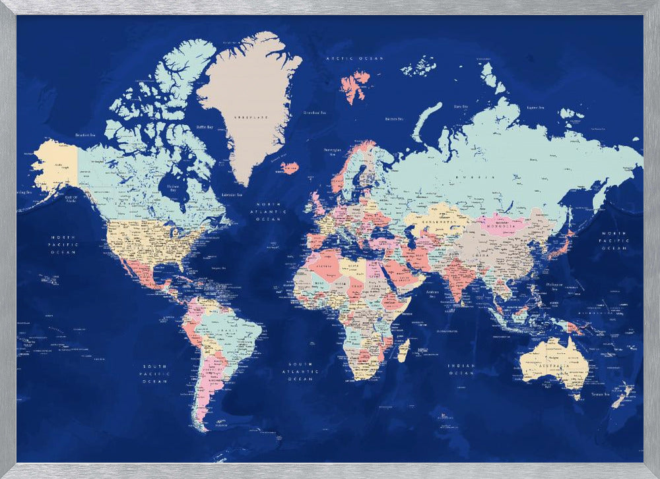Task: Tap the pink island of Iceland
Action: pyautogui.click(x=289, y=167)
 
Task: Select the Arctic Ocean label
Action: pyautogui.click(x=354, y=59)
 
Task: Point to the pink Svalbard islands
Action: pyautogui.click(x=354, y=86)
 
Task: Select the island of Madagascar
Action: pyautogui.click(x=403, y=350)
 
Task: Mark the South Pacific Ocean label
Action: pyautogui.click(x=155, y=374)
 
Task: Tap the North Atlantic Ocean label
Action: pyautogui.click(x=272, y=211)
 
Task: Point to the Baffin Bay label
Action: pyautogui.click(x=205, y=127)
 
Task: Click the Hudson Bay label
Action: pyautogui.click(x=173, y=187)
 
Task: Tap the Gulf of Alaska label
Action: pyautogui.click(x=71, y=198)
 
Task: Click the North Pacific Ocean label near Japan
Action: pyautogui.click(x=614, y=240)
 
